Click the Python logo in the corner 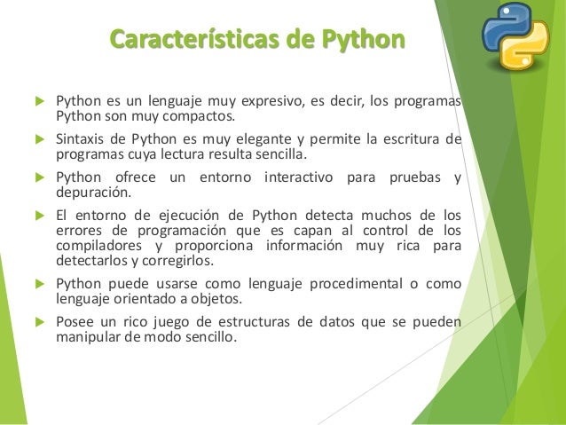coord(515,36)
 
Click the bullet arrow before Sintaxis coord(37,138)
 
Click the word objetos coord(231,298)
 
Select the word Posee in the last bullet coord(75,321)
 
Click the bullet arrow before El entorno coord(37,214)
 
